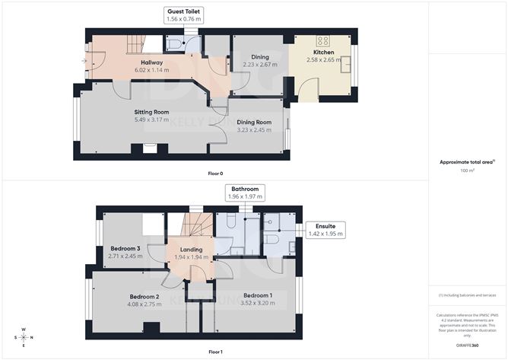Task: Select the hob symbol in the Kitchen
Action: pyautogui.click(x=322, y=42)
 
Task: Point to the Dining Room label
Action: pyautogui.click(x=253, y=122)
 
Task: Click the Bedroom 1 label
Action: pyautogui.click(x=258, y=295)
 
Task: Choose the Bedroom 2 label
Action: pyautogui.click(x=144, y=297)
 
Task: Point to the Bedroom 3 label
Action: pyautogui.click(x=125, y=249)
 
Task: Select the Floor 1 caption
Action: pyautogui.click(x=216, y=352)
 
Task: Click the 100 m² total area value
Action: pyautogui.click(x=468, y=170)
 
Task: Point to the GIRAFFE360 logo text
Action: pyautogui.click(x=468, y=346)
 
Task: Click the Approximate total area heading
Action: pyautogui.click(x=466, y=161)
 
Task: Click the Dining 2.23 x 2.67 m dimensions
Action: pyautogui.click(x=259, y=65)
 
